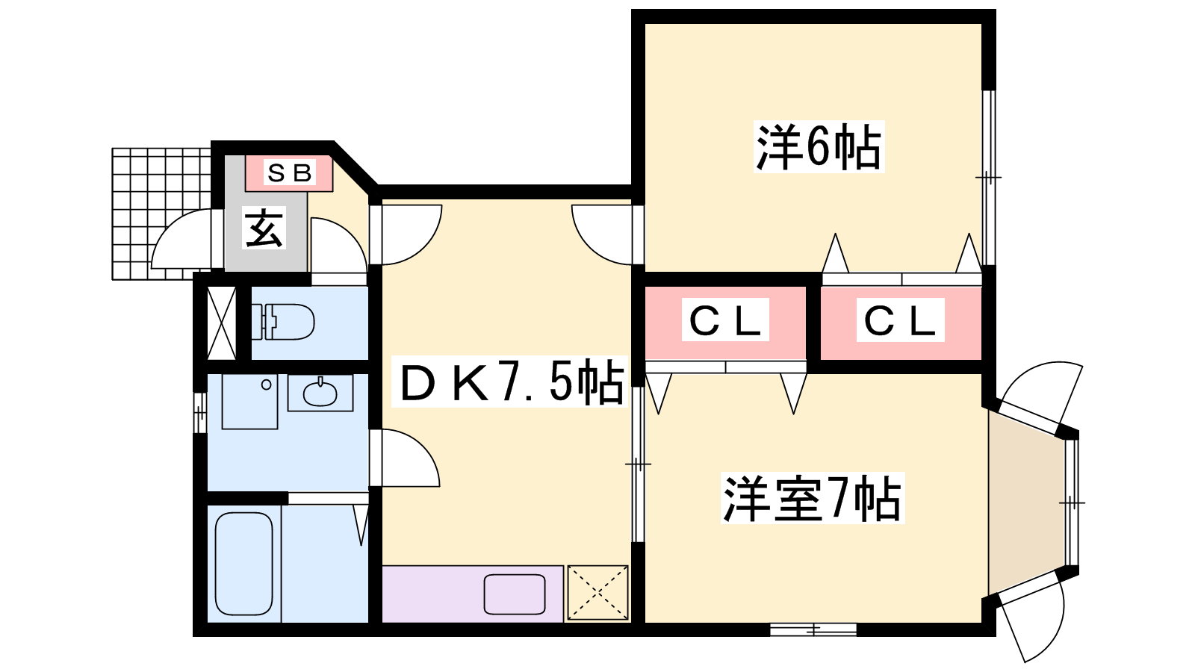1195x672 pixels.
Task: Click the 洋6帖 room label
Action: [x=819, y=147]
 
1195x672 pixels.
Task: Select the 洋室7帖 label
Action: [x=812, y=498]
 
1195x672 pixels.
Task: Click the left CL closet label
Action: [x=725, y=320]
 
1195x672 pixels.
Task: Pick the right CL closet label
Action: [x=900, y=320]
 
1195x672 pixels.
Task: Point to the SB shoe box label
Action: [x=289, y=173]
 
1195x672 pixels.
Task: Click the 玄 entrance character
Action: [x=264, y=228]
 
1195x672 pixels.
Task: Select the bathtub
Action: [x=243, y=563]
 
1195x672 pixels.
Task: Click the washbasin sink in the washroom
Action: [x=320, y=393]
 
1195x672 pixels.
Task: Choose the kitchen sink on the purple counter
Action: [x=515, y=594]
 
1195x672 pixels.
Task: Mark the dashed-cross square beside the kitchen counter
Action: [x=597, y=593]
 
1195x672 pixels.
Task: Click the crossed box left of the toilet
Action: [x=221, y=323]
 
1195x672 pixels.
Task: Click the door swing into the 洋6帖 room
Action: [x=603, y=234]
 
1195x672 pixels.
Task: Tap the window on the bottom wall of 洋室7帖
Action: [x=813, y=630]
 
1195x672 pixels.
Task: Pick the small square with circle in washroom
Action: [x=250, y=401]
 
